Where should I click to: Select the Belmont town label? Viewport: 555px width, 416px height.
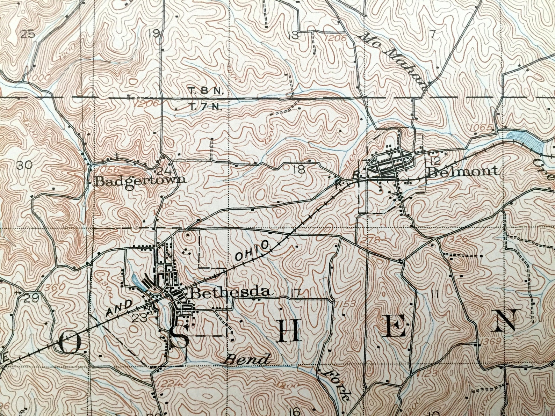(463, 171)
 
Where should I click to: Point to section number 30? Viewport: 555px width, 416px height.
(24, 166)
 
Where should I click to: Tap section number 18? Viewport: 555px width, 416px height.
(300, 170)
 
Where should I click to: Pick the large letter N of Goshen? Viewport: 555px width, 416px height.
(503, 321)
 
